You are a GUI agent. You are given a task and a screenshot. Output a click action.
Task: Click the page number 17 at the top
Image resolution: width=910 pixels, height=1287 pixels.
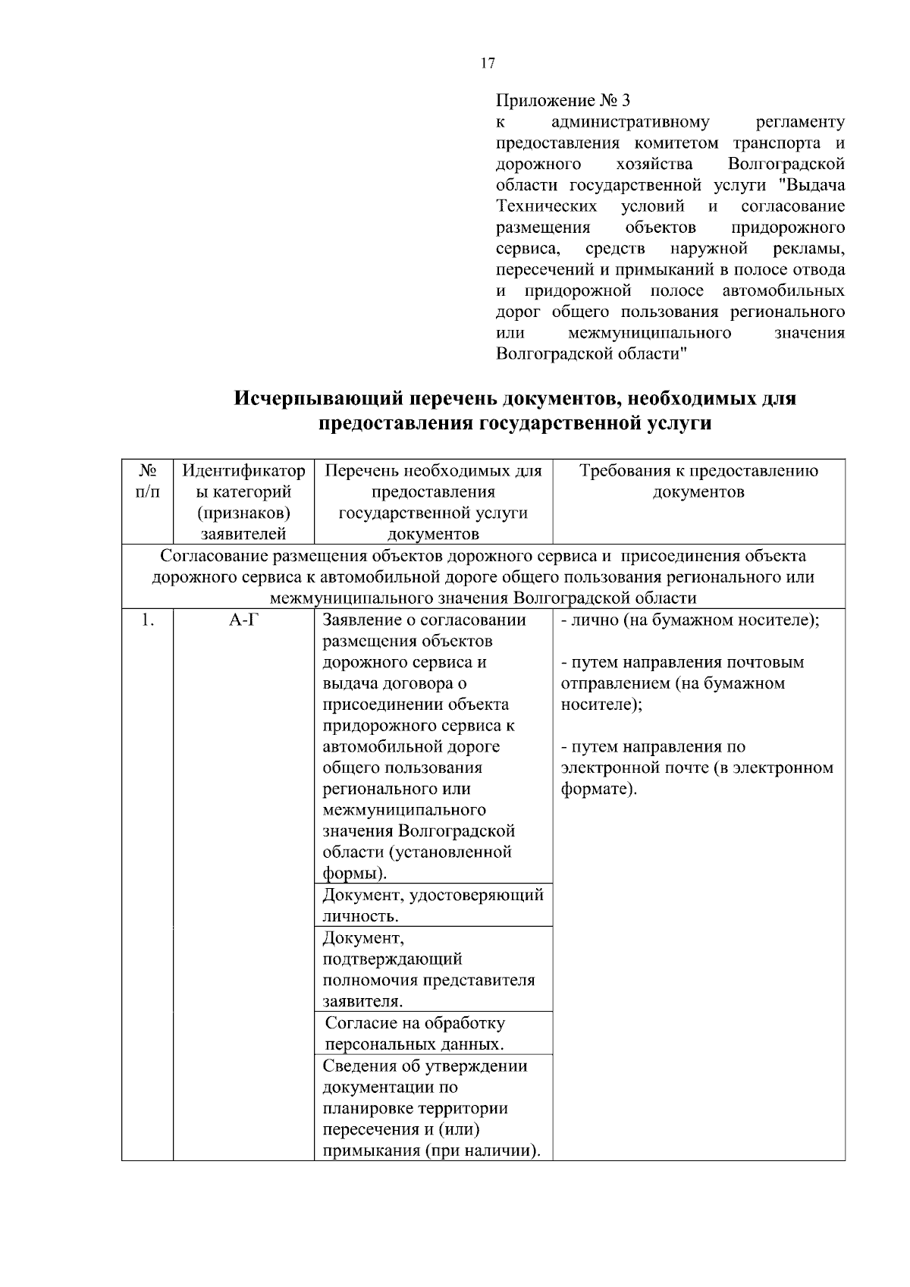488,64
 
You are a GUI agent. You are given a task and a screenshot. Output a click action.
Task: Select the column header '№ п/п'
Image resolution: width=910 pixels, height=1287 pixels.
148,481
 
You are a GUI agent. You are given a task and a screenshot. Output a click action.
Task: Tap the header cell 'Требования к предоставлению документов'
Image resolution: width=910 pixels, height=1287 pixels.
698,481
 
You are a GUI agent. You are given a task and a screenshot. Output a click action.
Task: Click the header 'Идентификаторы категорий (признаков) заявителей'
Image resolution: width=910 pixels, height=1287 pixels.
243,501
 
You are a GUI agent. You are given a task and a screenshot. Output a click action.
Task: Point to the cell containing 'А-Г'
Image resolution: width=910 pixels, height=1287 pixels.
243,620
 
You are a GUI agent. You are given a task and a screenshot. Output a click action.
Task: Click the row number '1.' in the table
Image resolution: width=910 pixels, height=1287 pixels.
147,620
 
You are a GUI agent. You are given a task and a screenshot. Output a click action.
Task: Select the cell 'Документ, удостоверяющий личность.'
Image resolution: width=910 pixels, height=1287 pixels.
433,905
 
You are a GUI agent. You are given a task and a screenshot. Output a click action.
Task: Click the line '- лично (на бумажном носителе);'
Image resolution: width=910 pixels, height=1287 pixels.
690,620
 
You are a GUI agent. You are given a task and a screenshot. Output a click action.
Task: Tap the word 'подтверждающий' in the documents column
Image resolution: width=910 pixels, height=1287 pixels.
392,959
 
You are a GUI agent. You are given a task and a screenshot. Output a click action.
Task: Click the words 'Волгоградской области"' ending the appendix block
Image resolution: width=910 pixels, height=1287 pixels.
591,354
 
